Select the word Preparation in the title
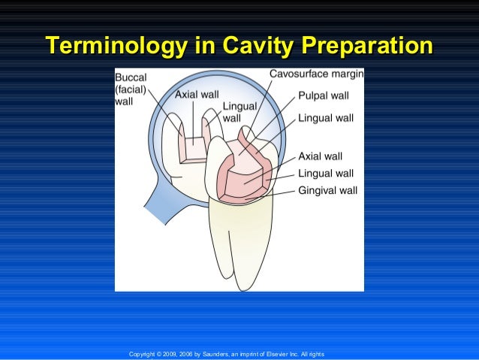click(369, 44)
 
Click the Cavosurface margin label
click(316, 74)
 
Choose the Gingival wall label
click(327, 190)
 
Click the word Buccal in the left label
click(131, 77)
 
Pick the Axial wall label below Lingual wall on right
click(321, 156)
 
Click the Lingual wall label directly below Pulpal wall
click(326, 119)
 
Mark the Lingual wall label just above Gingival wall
click(326, 174)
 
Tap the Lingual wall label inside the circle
click(237, 112)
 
